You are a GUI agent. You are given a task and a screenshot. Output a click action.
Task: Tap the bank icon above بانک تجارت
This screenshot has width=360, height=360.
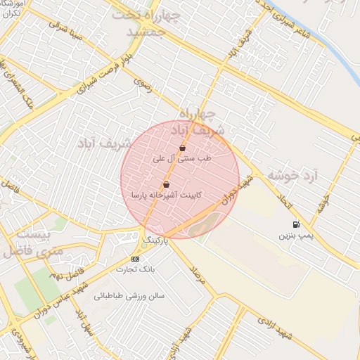pos(136,258)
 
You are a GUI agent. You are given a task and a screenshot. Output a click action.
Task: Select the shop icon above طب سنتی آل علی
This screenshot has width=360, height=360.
pos(183,148)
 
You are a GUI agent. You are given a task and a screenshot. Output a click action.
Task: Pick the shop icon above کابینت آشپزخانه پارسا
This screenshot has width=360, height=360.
pos(166,185)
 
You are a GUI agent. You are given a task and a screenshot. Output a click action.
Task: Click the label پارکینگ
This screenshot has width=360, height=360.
pos(156,240)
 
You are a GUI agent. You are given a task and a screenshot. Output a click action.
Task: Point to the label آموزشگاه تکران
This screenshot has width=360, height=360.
pos(13,8)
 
